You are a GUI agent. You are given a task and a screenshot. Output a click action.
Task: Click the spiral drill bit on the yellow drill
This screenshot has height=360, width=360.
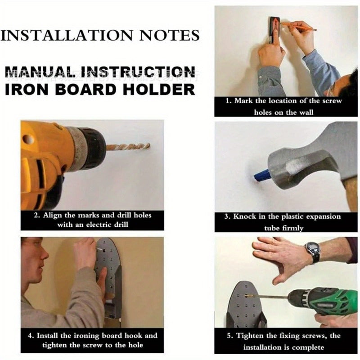coord(128,147)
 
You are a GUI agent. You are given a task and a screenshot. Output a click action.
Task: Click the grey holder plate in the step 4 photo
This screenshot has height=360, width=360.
coord(110,274)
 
